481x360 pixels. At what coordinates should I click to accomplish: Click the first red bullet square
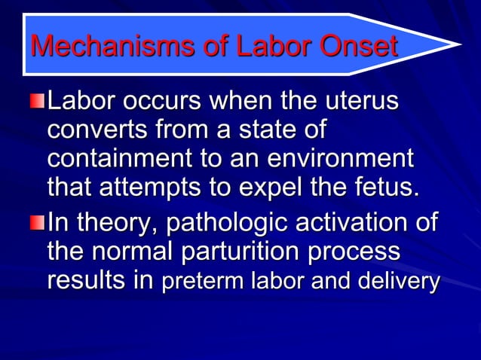(38, 101)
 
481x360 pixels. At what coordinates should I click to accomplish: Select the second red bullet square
(38, 224)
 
